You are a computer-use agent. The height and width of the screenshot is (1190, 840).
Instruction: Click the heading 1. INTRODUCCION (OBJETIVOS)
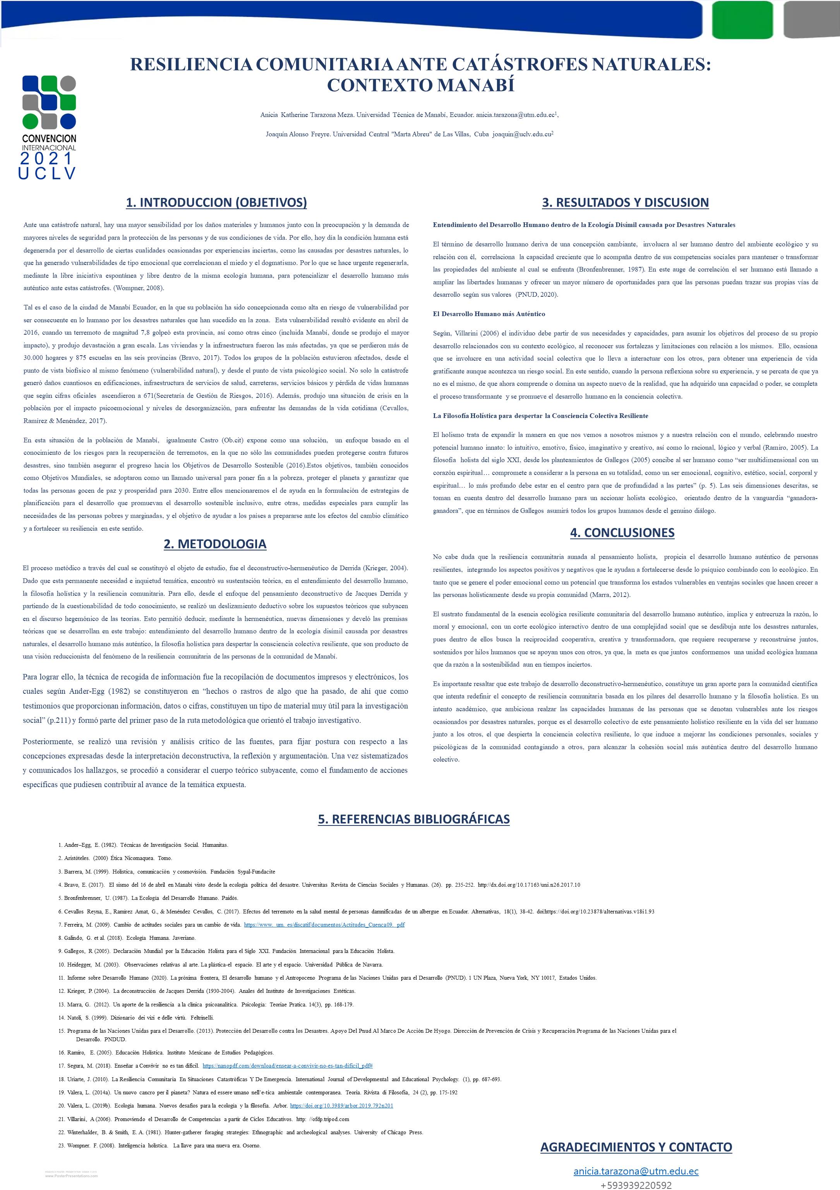pyautogui.click(x=216, y=203)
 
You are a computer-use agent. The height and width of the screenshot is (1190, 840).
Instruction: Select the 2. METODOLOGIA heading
pyautogui.click(x=215, y=544)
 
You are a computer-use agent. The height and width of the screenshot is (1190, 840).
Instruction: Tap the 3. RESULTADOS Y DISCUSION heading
pyautogui.click(x=625, y=203)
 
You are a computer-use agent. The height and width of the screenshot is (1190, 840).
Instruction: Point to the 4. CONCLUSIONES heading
pyautogui.click(x=622, y=533)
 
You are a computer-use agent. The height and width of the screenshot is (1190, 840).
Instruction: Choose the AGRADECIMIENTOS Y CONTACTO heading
pyautogui.click(x=636, y=1147)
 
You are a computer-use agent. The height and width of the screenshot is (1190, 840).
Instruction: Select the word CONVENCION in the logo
pyautogui.click(x=49, y=138)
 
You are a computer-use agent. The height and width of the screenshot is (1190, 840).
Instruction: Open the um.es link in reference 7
pyautogui.click(x=324, y=925)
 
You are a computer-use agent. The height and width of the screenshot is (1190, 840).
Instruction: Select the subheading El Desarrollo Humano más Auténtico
pyautogui.click(x=489, y=314)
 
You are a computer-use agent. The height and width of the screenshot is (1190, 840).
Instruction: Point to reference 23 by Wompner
pyautogui.click(x=159, y=1145)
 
